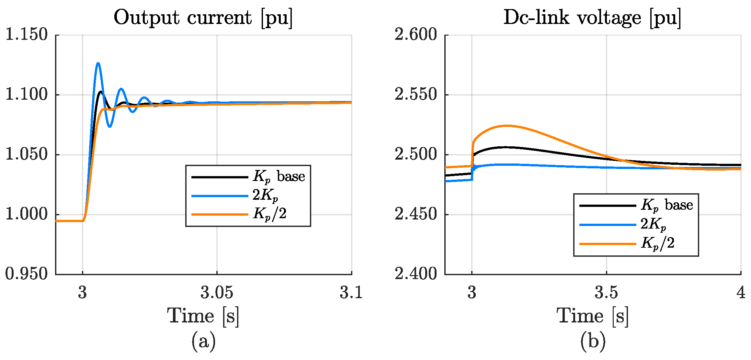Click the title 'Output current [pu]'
pos(203,17)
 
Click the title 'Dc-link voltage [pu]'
pos(592,17)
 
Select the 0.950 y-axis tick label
pos(27,274)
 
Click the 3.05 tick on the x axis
pos(217,293)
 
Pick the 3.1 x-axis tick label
pos(351,293)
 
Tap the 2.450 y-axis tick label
pos(416,214)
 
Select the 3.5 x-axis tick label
pos(606,293)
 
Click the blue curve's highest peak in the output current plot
pos(98,63)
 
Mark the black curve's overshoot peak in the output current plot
pos(101,92)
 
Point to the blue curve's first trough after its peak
pos(110,127)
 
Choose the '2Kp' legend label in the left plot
pos(265,195)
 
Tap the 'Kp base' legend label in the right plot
pos(666,205)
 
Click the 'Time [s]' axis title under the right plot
pos(593,316)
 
